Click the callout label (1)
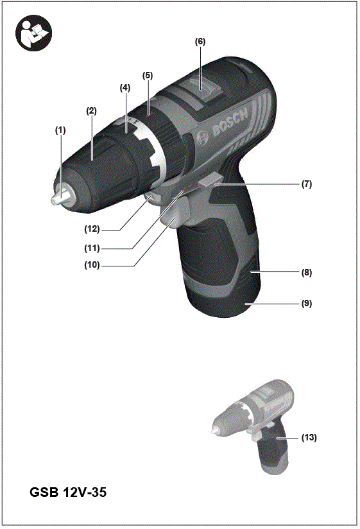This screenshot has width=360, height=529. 60,130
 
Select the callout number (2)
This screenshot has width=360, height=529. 92,110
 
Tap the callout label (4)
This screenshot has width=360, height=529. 124,87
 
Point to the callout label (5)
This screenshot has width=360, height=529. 148,75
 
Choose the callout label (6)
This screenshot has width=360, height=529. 200,41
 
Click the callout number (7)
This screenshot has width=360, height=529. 307,184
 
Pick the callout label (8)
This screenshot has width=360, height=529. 307,272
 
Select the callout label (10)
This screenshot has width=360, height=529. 96,264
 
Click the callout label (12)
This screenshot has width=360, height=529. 96,228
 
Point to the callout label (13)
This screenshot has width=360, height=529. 309,438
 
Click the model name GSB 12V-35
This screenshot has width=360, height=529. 68,493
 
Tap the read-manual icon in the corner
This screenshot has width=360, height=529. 32,31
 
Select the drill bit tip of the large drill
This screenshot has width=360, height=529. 56,200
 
